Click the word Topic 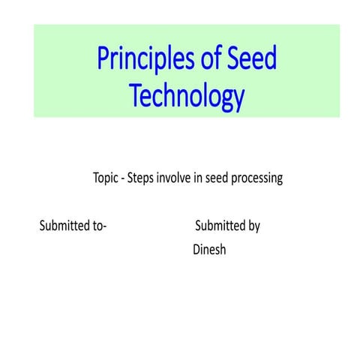106,179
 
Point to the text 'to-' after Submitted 99,226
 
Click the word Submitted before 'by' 220,226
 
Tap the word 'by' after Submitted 254,226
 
